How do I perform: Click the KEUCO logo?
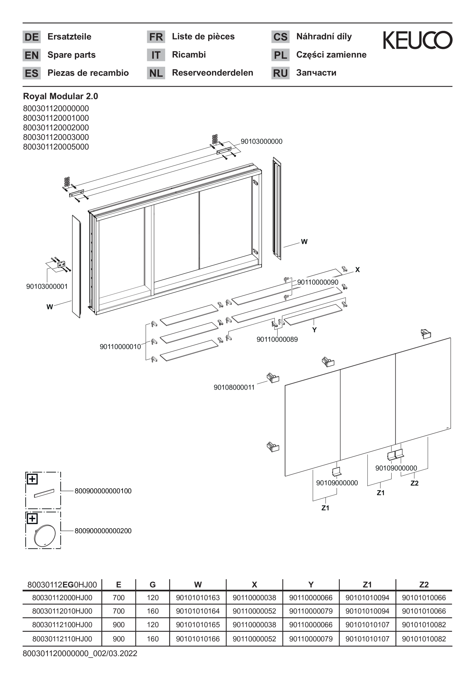coord(418,40)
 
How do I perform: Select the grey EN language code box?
coord(32,55)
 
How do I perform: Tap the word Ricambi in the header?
coord(189,55)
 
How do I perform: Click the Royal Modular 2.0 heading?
coord(61,96)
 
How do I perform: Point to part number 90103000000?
coord(261,141)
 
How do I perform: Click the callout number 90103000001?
coord(47,286)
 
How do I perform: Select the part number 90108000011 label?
coord(234,387)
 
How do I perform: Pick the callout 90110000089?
coord(277,339)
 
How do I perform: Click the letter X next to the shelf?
coord(357,270)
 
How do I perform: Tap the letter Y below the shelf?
coord(314,330)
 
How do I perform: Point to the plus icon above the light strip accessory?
coord(32,479)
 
